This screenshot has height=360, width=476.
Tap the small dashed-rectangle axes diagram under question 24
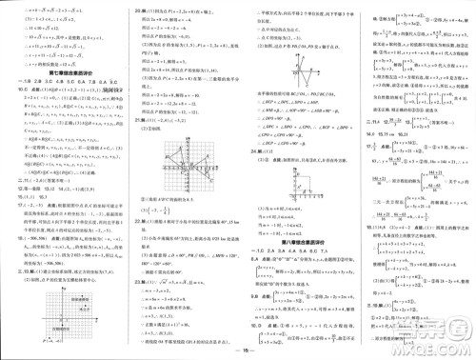tap(301, 189)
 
